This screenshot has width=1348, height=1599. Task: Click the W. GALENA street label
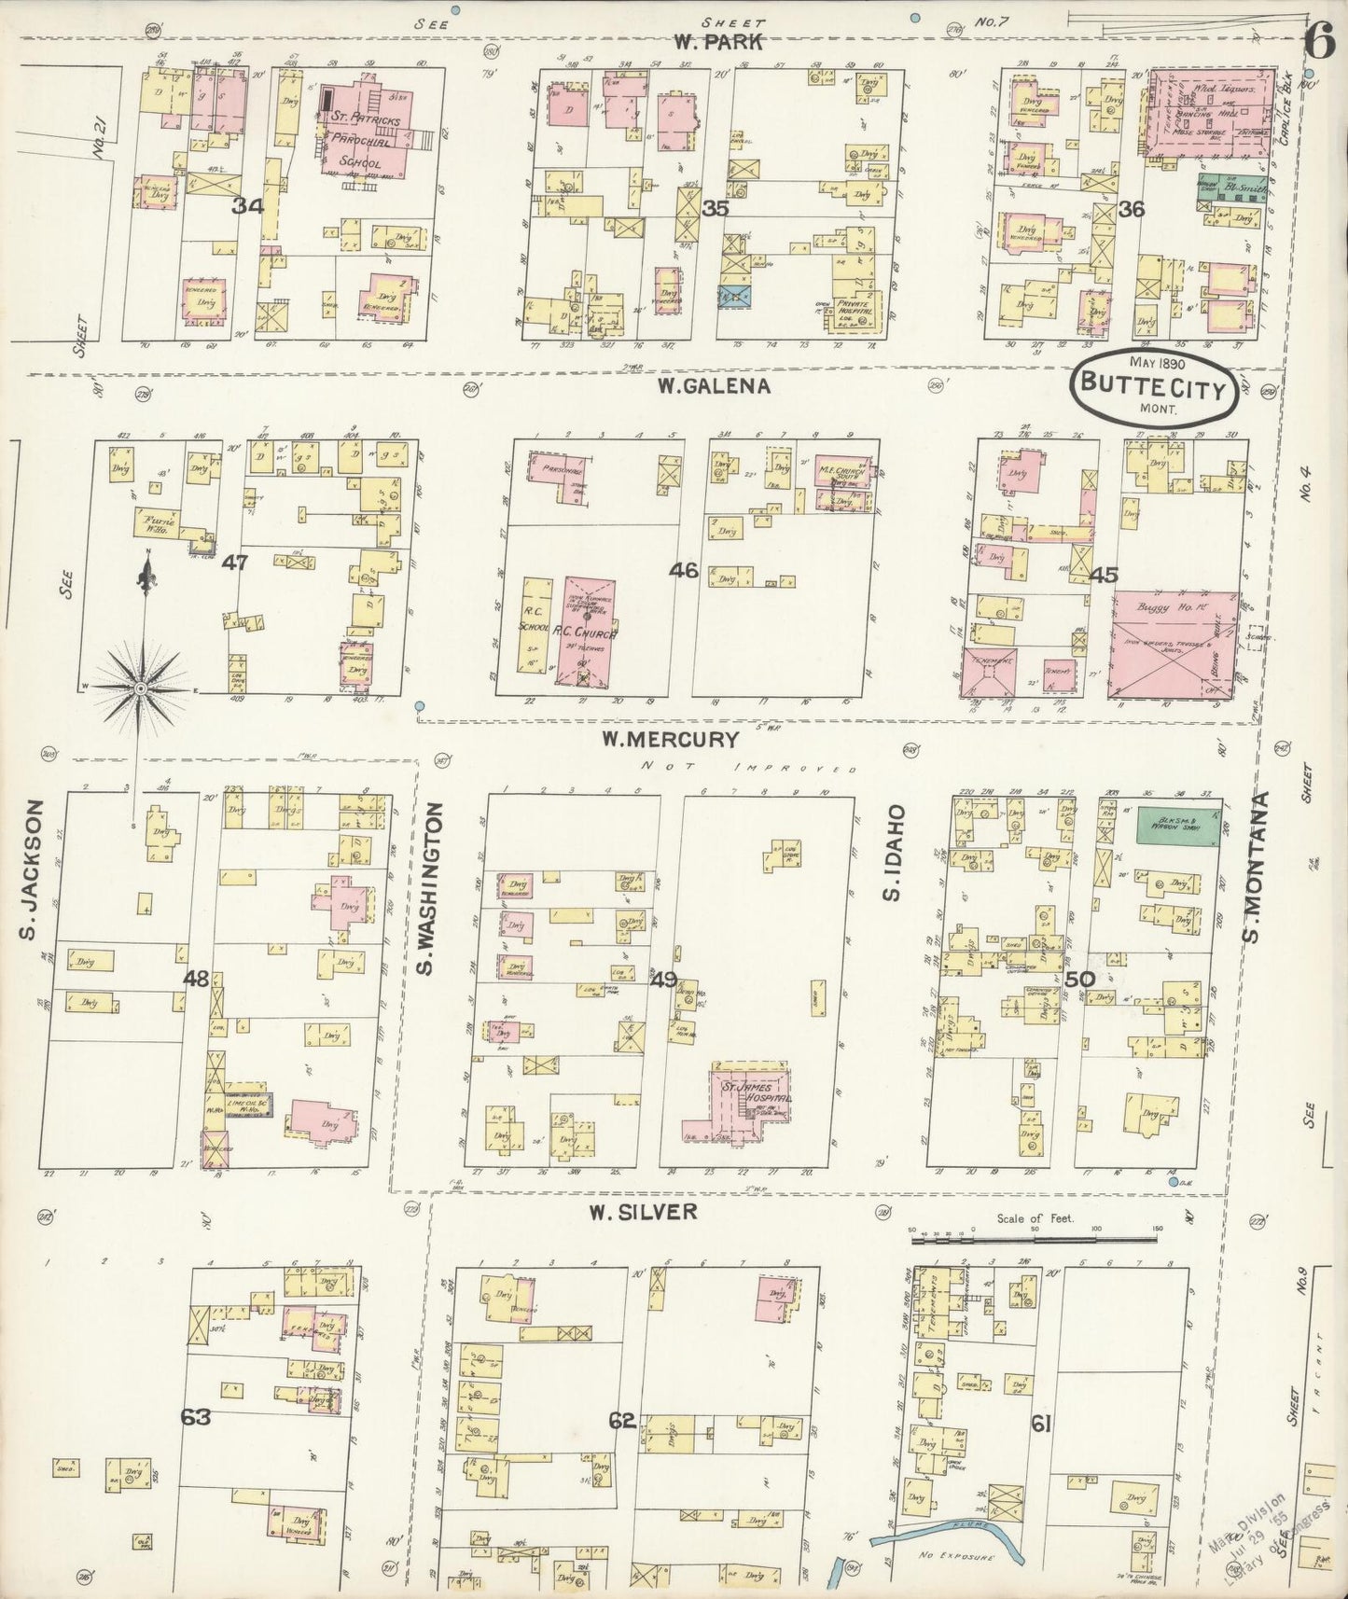[x=713, y=385]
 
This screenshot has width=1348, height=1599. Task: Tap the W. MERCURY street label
[x=671, y=740]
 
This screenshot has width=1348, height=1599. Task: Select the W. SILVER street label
[x=643, y=1212]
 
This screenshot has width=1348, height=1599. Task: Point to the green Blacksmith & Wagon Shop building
[x=1175, y=824]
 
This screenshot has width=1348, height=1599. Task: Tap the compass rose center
[x=140, y=688]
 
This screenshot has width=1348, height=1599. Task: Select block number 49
[x=664, y=979]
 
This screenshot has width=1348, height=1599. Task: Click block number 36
[x=1131, y=210]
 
